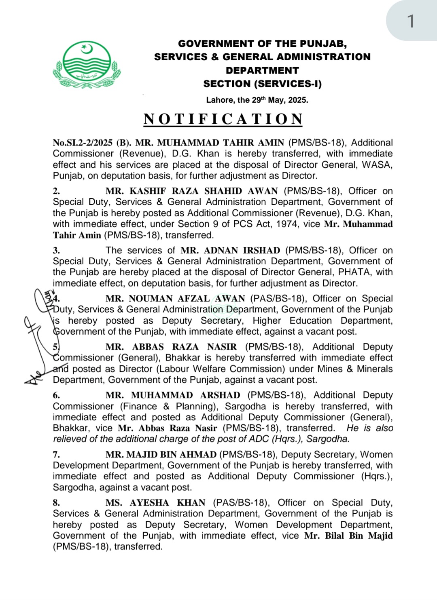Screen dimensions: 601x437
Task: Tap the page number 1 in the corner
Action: [x=411, y=21]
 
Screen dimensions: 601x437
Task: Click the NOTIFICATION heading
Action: [x=223, y=119]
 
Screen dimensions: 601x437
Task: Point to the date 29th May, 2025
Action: [x=279, y=100]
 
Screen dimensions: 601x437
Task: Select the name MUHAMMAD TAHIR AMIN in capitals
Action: [x=220, y=143]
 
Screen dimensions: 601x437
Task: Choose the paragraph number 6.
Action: [x=56, y=395]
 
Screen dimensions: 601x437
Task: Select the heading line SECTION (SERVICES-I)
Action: [x=262, y=84]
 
